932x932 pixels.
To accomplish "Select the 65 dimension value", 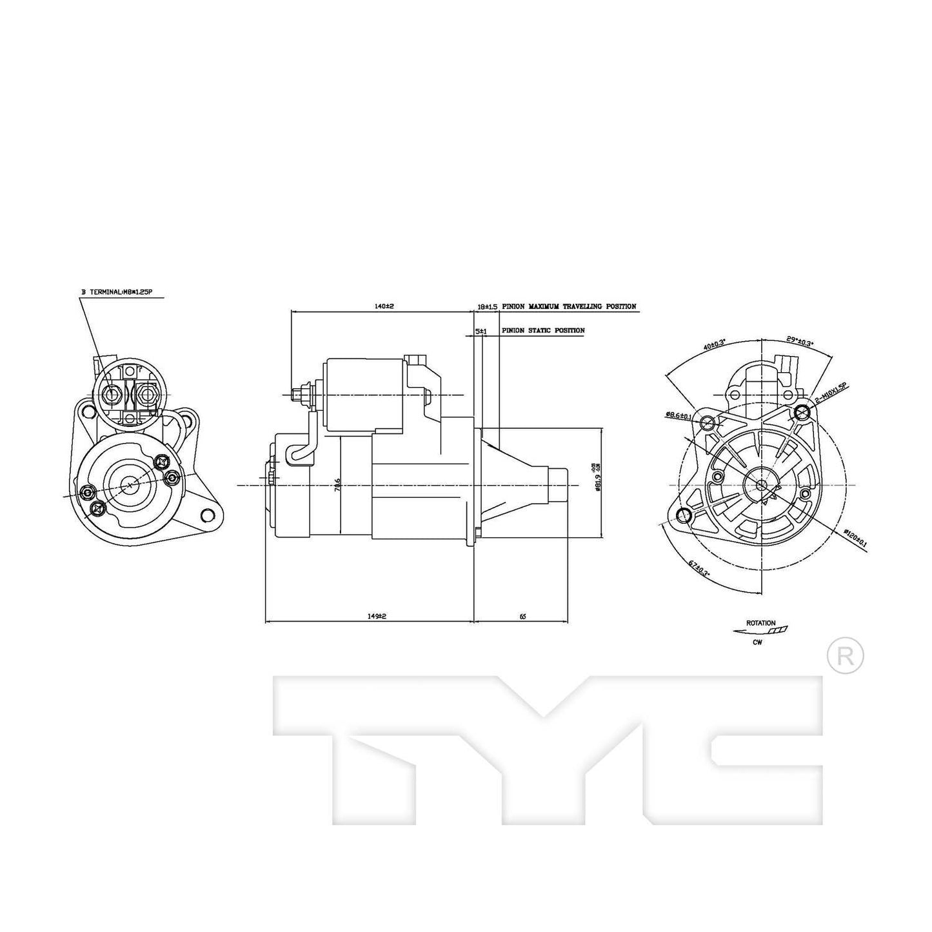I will coord(522,616).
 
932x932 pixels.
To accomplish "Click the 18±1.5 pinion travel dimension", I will coord(487,307).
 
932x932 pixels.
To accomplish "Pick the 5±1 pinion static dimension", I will coord(481,330).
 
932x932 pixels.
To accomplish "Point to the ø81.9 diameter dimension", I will coord(597,482).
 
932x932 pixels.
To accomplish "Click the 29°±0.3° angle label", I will coord(800,342).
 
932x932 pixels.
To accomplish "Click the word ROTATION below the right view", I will coord(760,623).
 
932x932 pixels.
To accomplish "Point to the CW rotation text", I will coord(757,642).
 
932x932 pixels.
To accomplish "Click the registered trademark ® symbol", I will coord(844,656).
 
